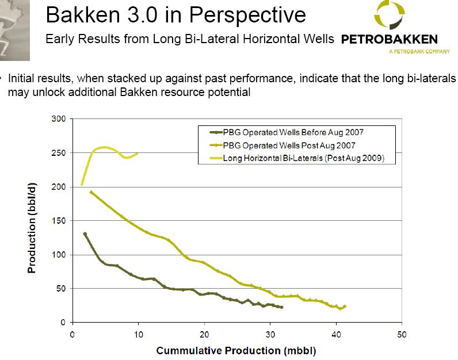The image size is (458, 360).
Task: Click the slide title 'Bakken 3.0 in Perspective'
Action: point(175,15)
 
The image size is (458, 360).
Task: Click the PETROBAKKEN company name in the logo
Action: point(389,40)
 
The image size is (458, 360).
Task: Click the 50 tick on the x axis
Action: point(402,334)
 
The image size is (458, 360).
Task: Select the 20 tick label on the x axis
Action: point(204,334)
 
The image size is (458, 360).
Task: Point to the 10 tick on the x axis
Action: point(138,334)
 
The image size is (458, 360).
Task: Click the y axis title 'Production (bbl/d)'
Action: point(33,228)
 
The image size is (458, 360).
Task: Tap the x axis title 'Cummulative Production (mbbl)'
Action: point(236,350)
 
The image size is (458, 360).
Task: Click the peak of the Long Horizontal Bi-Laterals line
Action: point(105,147)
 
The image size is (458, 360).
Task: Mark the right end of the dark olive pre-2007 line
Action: point(282,307)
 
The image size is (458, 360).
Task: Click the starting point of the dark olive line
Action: point(85,234)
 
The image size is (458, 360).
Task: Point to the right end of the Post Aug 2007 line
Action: point(345,306)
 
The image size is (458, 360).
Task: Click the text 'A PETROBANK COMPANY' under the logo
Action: point(418,51)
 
